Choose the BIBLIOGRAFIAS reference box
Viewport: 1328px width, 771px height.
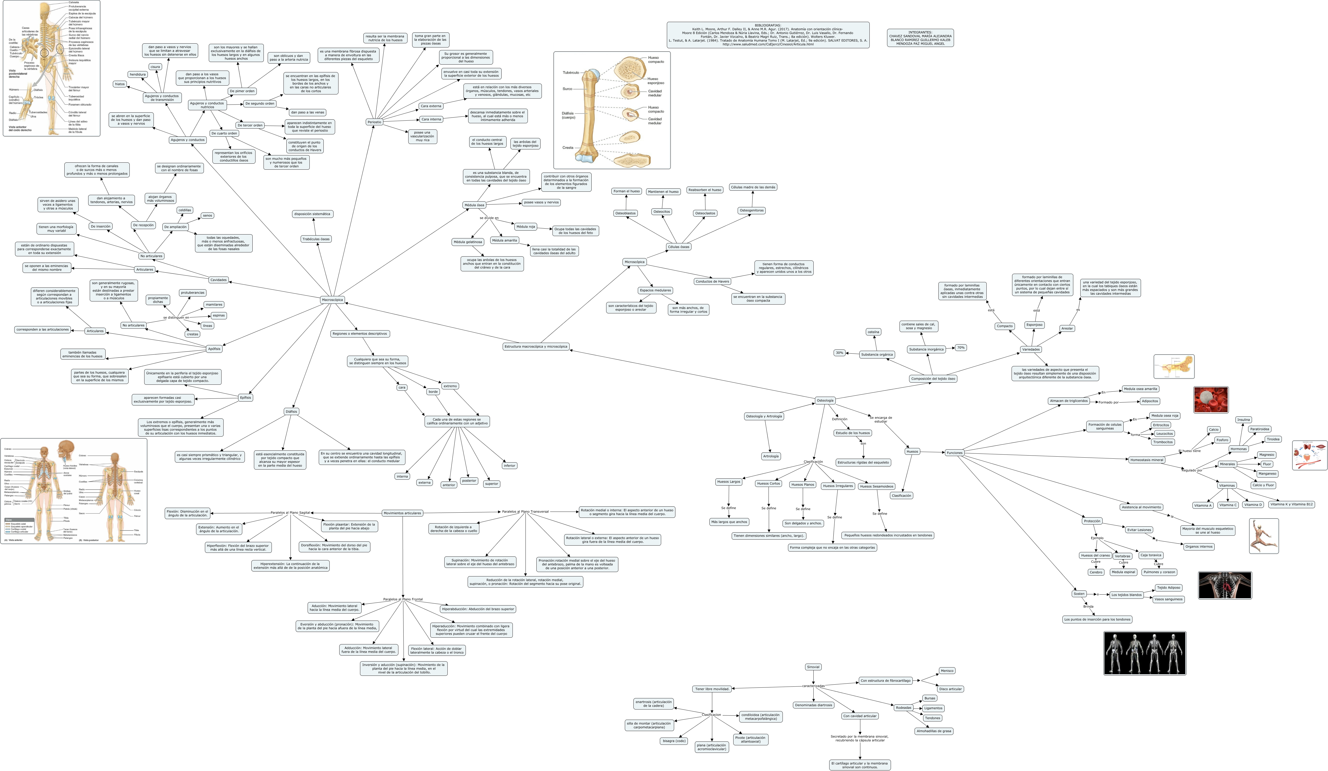768,35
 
